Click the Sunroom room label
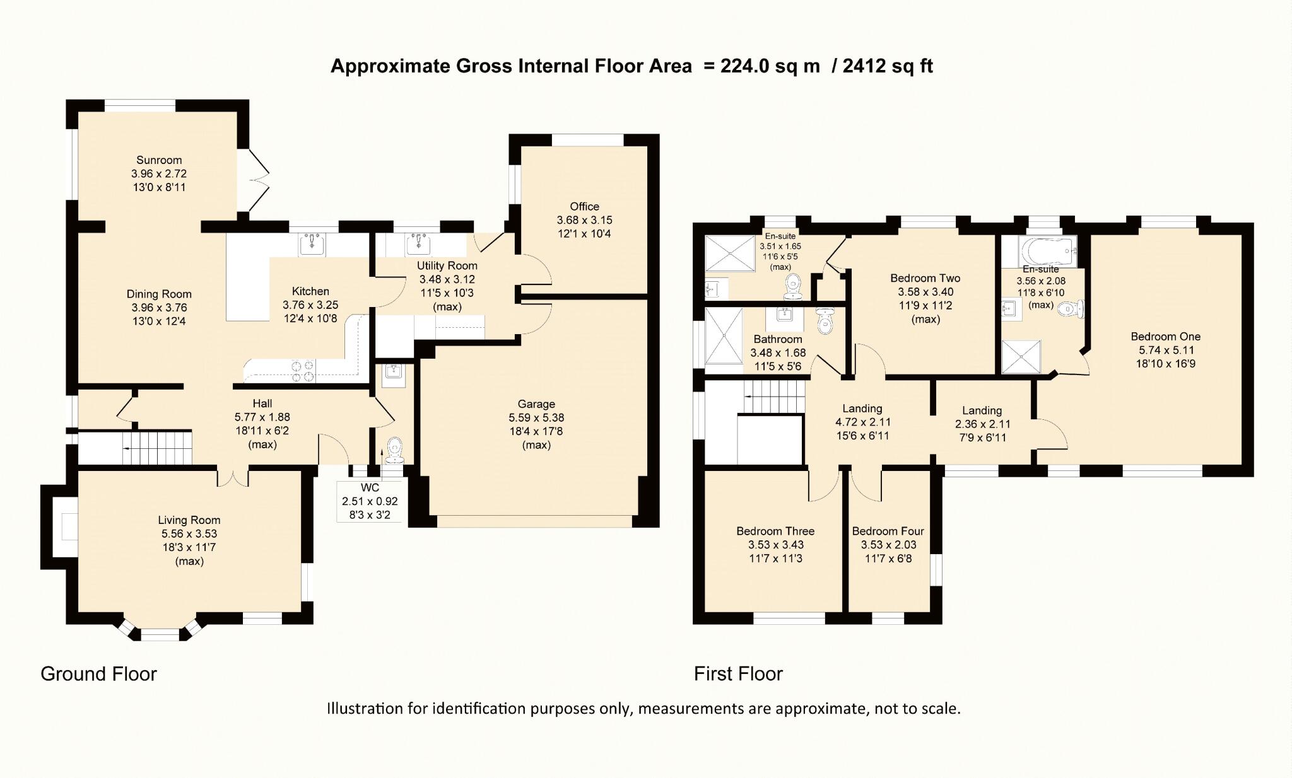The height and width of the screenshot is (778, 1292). tap(159, 160)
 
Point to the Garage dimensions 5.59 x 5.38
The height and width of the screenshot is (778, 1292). tap(536, 418)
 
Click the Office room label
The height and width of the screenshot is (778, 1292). tap(584, 207)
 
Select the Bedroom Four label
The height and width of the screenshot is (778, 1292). tap(888, 531)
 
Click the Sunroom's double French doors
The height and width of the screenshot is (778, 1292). tap(255, 180)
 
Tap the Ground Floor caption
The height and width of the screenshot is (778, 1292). tap(98, 674)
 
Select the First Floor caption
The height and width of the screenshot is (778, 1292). tap(738, 674)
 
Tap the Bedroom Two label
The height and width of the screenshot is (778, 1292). tap(925, 278)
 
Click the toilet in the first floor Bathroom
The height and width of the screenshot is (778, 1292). tap(825, 321)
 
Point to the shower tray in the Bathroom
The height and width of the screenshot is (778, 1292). tap(724, 335)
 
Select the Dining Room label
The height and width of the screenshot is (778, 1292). tap(159, 294)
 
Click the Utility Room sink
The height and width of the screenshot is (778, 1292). tap(418, 243)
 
